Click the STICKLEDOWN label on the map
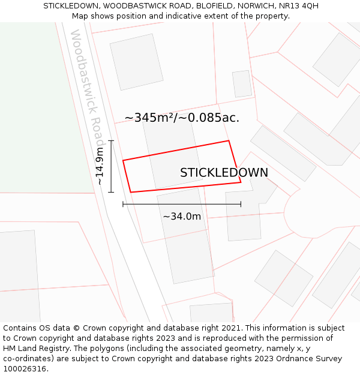[x=224, y=173]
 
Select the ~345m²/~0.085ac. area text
[x=182, y=118]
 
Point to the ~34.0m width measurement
[x=182, y=216]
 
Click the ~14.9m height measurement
[x=100, y=166]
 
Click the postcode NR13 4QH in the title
[x=299, y=6]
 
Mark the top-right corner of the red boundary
[x=229, y=141]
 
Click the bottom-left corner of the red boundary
[x=130, y=192]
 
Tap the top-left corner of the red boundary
[x=123, y=160]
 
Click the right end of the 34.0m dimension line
[x=241, y=204]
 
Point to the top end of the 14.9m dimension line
[x=111, y=140]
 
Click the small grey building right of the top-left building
[x=242, y=84]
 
